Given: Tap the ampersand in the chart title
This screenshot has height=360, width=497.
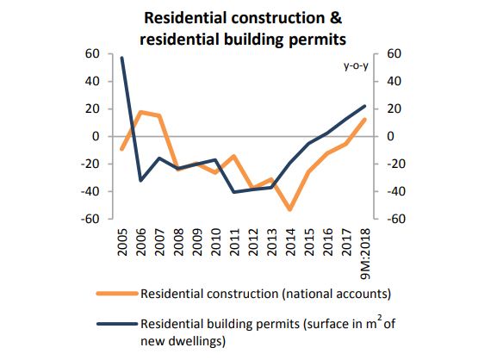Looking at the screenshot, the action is click(x=336, y=18).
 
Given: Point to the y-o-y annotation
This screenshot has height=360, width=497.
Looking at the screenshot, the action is click(x=356, y=66).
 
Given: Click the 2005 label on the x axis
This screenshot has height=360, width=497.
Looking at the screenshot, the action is click(x=122, y=242).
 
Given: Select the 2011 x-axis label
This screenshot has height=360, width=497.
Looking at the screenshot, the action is click(x=234, y=242).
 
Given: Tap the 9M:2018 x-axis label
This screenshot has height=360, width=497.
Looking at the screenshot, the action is click(x=365, y=254).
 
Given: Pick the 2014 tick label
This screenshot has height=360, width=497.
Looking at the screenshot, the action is click(x=290, y=242).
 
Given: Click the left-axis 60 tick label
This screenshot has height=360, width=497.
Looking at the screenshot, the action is click(x=92, y=54).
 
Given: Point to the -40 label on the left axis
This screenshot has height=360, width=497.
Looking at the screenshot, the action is click(x=90, y=191).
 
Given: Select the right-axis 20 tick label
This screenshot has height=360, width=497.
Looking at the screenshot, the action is click(x=394, y=109).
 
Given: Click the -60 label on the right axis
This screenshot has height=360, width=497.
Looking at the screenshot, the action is click(x=395, y=219).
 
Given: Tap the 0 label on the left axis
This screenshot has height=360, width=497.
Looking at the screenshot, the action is click(x=96, y=137).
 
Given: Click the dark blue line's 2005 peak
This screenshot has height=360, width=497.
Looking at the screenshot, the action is click(x=122, y=58).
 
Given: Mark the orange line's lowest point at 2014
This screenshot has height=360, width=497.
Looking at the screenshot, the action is click(x=290, y=209).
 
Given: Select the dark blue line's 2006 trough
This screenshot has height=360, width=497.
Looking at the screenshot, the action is click(x=140, y=180).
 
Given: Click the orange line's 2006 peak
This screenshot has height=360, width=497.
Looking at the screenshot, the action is click(x=140, y=112).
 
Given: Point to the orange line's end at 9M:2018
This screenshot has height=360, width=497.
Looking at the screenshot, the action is click(x=364, y=120).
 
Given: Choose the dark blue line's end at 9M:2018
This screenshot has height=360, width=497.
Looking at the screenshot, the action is click(x=364, y=106).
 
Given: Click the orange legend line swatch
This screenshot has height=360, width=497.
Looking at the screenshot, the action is click(x=117, y=294).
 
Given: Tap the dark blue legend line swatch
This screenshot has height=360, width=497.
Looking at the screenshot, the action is click(x=117, y=324).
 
